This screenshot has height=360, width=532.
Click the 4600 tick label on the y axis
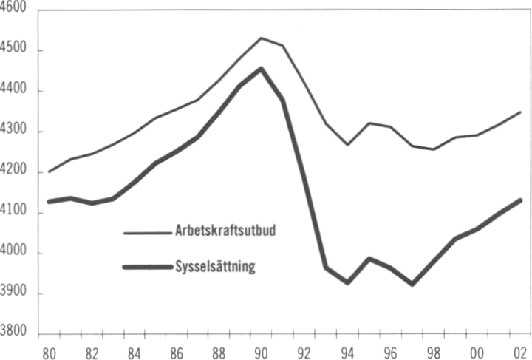click(15, 8)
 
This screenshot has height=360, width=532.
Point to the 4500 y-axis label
click(15, 50)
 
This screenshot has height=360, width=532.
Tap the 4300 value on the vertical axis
click(15, 132)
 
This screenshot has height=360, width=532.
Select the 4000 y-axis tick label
click(15, 254)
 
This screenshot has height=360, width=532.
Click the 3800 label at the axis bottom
click(15, 335)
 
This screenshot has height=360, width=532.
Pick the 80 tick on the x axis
click(50, 351)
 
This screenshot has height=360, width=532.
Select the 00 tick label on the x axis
click(477, 351)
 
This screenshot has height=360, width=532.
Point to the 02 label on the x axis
click(520, 351)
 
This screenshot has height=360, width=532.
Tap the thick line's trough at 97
click(412, 284)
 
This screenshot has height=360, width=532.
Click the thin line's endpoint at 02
click(520, 112)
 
